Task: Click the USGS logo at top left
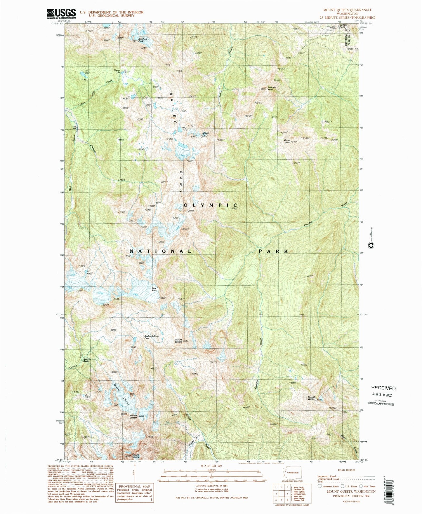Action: pos(61,13)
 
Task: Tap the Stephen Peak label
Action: pos(143,40)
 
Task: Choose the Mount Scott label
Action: pos(287,141)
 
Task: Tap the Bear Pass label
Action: pos(154,289)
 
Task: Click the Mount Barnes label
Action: pos(178,340)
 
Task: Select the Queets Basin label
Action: pos(86,360)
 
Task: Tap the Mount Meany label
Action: pos(136,456)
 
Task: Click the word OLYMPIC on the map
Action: pos(211,205)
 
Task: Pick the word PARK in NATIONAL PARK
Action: pos(273,251)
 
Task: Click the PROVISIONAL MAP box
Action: pos(135,493)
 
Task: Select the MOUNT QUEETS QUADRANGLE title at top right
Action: pos(347,10)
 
